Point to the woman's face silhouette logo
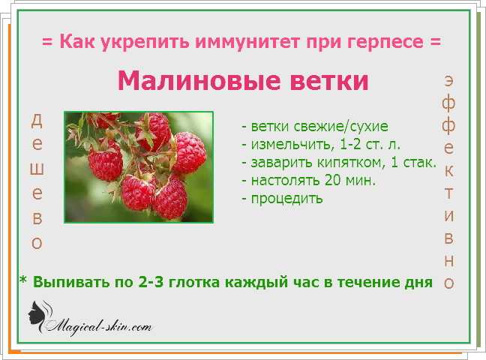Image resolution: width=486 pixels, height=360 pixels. (40, 316)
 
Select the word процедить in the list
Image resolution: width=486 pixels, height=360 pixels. (286, 199)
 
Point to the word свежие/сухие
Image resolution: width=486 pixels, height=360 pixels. (340, 127)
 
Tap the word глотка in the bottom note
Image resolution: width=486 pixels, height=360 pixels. (193, 282)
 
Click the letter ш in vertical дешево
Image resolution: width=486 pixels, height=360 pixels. (37, 169)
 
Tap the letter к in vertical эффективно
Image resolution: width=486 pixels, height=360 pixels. (449, 171)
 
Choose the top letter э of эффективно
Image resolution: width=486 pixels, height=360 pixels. (449, 80)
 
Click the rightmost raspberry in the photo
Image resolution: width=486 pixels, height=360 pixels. (189, 152)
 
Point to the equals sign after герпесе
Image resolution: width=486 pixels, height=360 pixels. (435, 42)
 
